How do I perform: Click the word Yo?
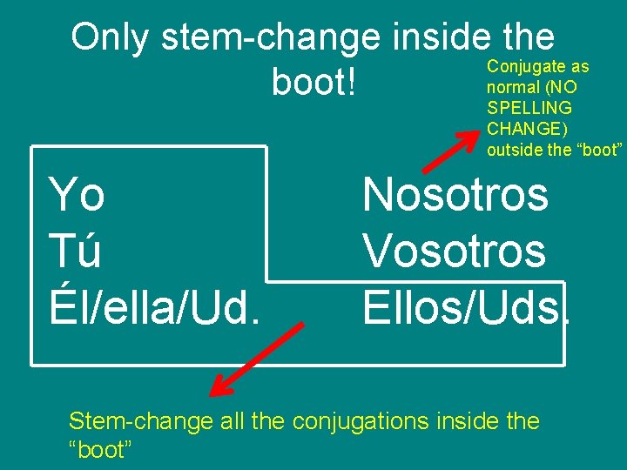tap(78, 194)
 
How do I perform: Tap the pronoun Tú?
tap(76, 252)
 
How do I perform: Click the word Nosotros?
tap(455, 194)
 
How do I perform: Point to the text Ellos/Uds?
tap(465, 305)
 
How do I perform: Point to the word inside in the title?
tap(442, 37)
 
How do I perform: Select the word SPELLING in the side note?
tap(529, 108)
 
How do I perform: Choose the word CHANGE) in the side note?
tap(527, 129)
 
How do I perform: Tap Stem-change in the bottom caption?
tap(140, 422)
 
